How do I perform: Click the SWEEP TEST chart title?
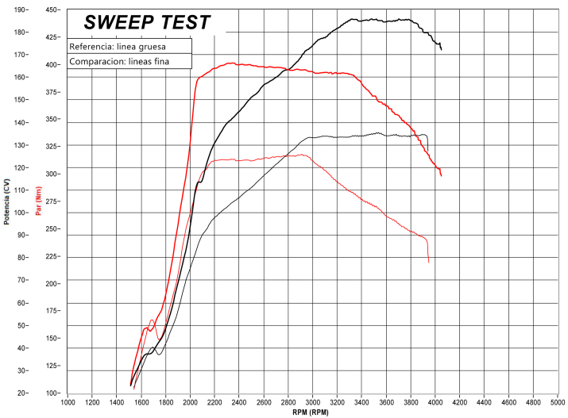click(147, 21)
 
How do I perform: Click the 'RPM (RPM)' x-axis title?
click(310, 412)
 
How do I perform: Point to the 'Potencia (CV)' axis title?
click(7, 201)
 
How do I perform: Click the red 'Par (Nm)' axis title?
click(37, 201)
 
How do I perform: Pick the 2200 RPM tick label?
click(214, 402)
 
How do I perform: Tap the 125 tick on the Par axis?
click(53, 366)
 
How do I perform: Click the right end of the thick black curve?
click(441, 50)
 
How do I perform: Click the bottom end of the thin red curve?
click(428, 262)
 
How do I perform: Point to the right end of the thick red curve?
click(441, 175)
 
